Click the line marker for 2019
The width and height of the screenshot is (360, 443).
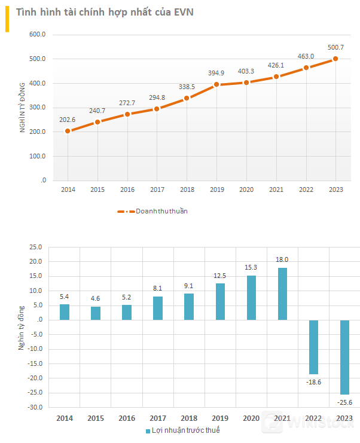(216, 85)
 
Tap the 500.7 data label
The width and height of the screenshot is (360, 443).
(335, 47)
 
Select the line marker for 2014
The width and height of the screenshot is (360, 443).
(68, 131)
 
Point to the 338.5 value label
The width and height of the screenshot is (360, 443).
(187, 87)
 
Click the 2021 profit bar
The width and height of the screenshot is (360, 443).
(282, 294)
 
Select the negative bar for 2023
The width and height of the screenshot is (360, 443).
(344, 357)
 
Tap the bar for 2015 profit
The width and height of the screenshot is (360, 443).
(96, 313)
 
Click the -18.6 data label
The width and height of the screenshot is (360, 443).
(313, 381)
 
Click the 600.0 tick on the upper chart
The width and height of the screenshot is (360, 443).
(38, 35)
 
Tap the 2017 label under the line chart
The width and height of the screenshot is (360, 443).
(157, 190)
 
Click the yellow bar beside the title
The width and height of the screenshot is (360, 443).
(7, 20)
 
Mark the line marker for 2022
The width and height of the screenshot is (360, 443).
(306, 68)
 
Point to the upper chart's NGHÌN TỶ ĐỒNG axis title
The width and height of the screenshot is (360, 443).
(23, 108)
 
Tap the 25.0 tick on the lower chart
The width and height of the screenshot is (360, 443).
(35, 247)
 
